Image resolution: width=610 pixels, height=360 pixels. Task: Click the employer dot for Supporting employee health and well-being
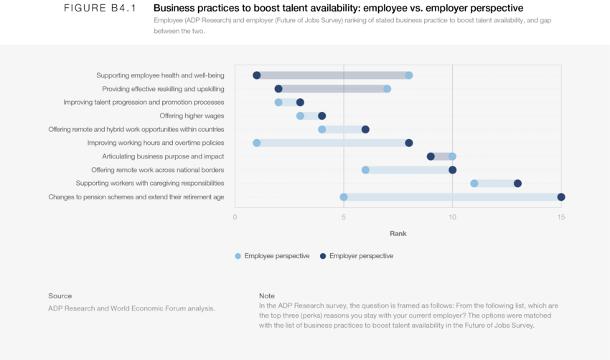coord(257,75)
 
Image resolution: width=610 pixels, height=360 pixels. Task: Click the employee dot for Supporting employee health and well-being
coord(408,75)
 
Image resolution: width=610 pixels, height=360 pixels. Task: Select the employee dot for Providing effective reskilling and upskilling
coord(387,89)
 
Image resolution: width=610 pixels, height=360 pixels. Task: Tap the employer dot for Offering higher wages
coord(322,115)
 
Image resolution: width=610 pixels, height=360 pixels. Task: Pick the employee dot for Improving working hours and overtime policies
coord(257,143)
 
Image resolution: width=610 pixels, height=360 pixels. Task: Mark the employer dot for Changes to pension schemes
coord(560,197)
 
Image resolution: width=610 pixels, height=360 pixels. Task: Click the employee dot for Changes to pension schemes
coord(344,197)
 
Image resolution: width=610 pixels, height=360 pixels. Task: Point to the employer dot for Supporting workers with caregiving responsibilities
coord(517,184)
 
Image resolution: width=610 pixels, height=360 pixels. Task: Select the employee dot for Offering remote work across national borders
coord(365,170)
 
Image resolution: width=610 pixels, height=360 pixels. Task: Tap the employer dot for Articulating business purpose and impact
coord(431,156)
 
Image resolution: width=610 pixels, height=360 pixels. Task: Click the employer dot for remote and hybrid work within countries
coord(365,129)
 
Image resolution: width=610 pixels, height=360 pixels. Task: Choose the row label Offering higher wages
coord(192,115)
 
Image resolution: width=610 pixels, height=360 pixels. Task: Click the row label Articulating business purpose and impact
coord(163,156)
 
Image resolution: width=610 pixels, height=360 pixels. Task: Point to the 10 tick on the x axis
coord(452,217)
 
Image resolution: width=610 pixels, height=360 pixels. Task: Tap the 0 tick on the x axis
coord(235,217)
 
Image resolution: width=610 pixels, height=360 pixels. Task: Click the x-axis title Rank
coord(398,233)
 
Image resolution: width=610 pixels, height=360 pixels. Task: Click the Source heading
coord(60,295)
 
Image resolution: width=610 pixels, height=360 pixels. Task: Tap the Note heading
coord(267,295)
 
